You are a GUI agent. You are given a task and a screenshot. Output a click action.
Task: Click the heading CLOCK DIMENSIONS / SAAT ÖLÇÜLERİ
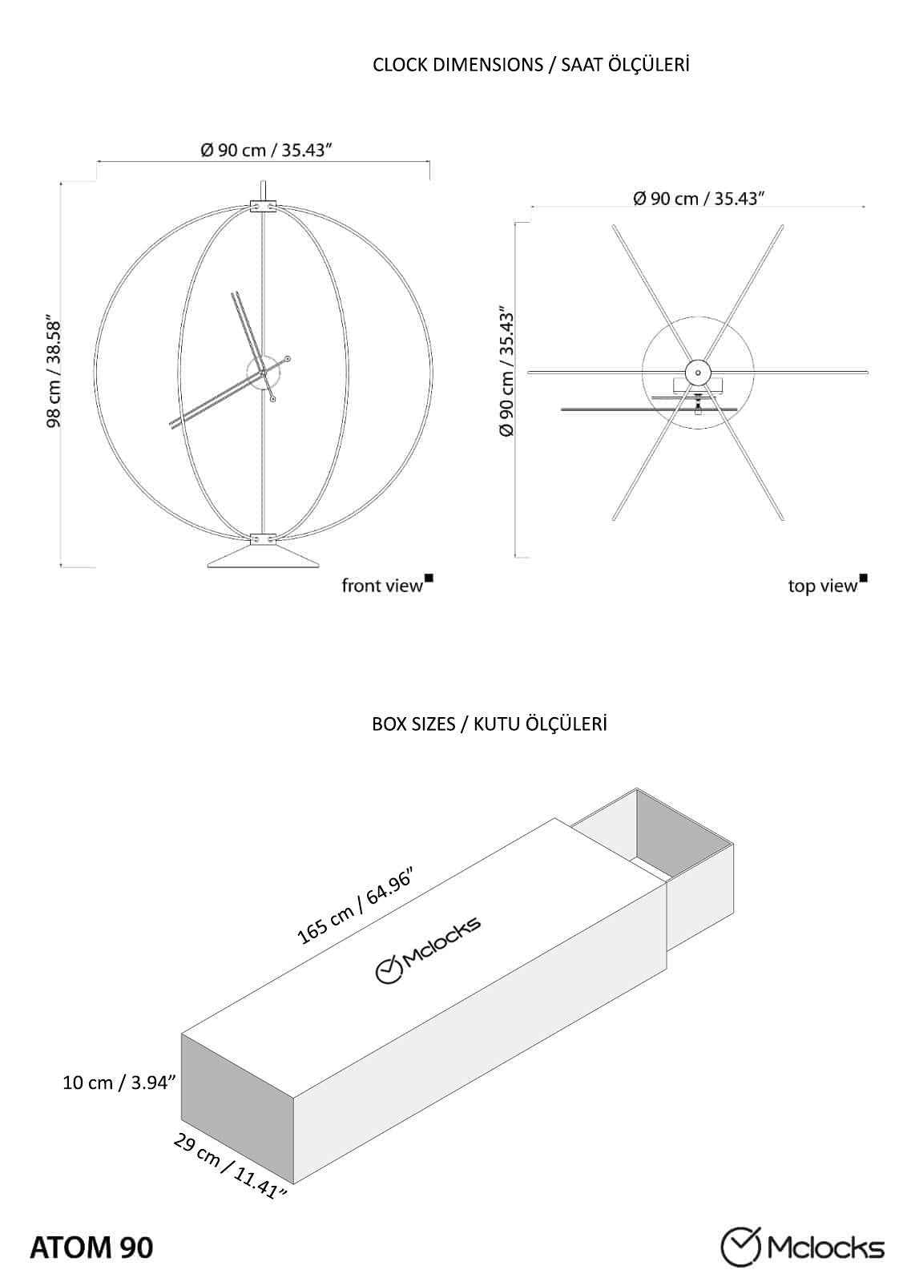point(530,65)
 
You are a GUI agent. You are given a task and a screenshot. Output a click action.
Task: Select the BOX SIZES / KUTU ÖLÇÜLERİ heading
point(489,724)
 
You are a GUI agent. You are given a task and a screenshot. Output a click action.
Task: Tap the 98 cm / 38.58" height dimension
point(54,372)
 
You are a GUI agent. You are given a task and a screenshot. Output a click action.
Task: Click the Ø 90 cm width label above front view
point(265,150)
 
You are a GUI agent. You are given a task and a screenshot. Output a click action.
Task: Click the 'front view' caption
point(382,586)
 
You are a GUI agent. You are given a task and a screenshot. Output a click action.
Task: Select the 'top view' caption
point(822,586)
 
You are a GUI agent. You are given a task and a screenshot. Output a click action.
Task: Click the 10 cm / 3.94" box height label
point(119,1082)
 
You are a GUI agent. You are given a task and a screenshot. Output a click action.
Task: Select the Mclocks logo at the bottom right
point(802,1246)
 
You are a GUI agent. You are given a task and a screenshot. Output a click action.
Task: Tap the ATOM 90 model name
point(91,1247)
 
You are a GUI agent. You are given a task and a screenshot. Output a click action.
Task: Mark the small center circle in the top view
point(697,372)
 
